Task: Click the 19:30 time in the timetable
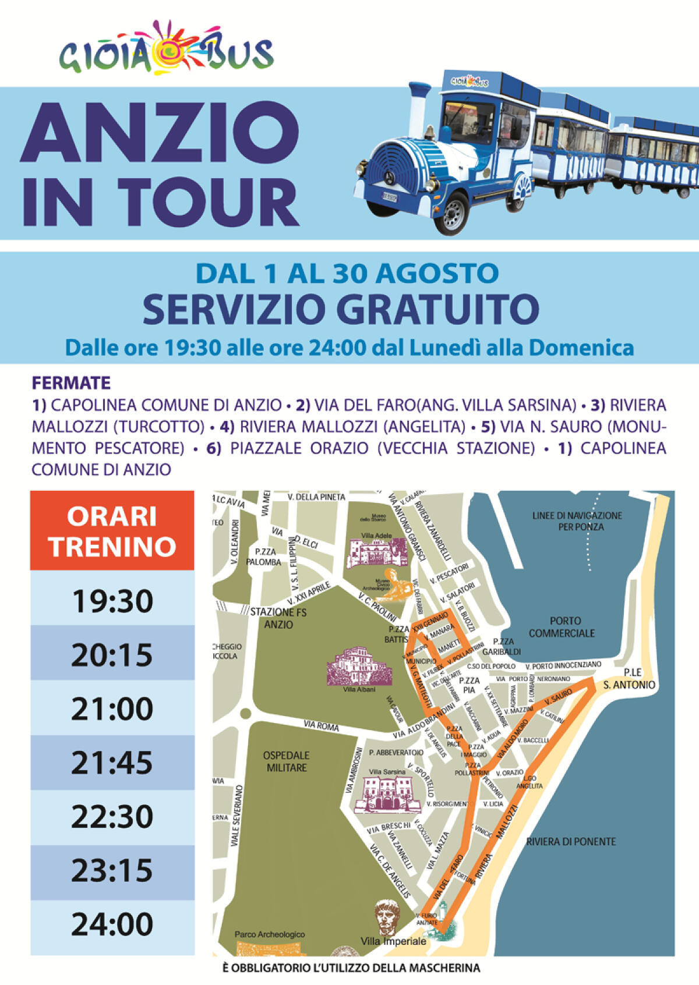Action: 112,601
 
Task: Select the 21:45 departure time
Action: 112,763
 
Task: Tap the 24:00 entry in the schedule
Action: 112,924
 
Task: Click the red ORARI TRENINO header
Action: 112,531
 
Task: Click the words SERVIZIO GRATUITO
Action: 341,310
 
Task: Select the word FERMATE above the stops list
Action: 71,383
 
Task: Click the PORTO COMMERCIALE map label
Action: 562,627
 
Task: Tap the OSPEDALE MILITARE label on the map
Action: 286,761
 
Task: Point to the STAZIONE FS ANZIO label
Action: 278,618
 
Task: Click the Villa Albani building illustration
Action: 357,667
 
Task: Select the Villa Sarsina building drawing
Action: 387,795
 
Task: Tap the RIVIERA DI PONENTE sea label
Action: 571,842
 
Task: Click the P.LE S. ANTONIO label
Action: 629,679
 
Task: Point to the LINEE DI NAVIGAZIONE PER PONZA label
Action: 577,521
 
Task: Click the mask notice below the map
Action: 351,968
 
